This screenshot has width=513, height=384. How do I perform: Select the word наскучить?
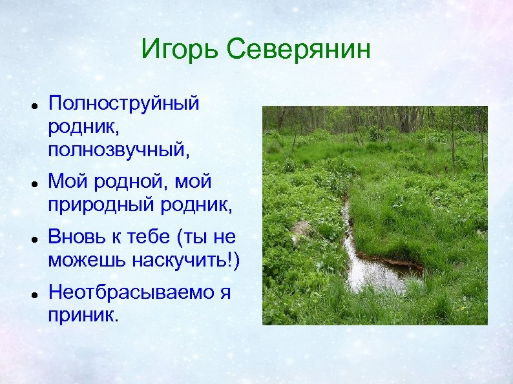click(x=186, y=260)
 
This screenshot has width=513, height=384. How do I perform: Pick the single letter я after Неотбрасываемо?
click(x=225, y=292)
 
